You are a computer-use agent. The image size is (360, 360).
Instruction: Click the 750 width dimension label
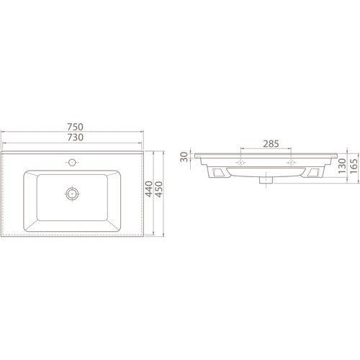tap(75, 127)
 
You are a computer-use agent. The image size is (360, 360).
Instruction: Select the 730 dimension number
tap(75, 138)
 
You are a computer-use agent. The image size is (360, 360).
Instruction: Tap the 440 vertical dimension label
tap(149, 189)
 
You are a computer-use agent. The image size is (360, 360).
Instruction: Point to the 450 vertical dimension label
tap(159, 189)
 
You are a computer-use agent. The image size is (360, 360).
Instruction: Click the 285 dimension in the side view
tap(271, 144)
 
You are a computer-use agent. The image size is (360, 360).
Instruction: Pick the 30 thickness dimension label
tap(184, 157)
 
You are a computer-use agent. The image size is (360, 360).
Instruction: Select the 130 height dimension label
tap(342, 166)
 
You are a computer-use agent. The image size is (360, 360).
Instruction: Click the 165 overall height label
tap(354, 166)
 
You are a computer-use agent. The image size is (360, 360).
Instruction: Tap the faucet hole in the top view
tap(72, 163)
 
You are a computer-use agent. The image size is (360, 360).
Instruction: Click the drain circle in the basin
tap(72, 194)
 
